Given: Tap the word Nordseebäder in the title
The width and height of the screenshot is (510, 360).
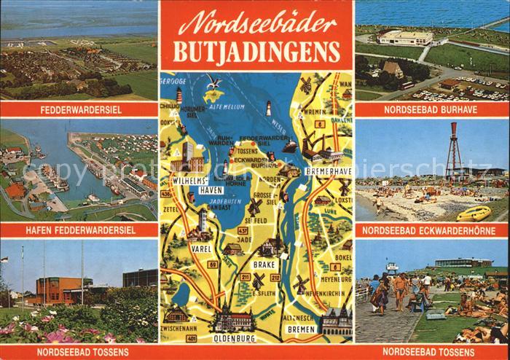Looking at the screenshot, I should [x=256, y=25].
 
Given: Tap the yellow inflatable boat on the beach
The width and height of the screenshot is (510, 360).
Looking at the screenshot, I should [x=474, y=213].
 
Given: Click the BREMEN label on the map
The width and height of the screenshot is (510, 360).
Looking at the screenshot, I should [x=302, y=329].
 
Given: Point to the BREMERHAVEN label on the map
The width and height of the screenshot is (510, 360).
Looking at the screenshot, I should [x=328, y=171].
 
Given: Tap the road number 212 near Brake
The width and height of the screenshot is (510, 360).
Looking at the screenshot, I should [x=275, y=277].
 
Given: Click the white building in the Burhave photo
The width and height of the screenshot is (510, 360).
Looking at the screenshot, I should [x=405, y=37].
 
